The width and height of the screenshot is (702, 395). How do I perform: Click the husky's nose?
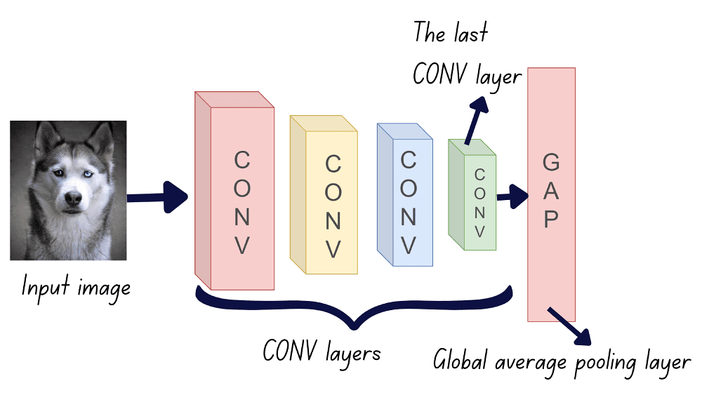coord(72,199)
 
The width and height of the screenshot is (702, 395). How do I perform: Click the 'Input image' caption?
coord(76,287)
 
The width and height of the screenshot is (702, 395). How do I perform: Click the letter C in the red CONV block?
coord(241,161)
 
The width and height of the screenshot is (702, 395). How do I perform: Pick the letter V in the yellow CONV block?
coord(333,250)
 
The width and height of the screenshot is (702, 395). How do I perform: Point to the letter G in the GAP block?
coord(552,163)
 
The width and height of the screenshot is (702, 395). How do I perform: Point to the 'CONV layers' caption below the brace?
coord(322,350)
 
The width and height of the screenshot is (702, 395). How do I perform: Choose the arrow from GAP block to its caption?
coord(571,326)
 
